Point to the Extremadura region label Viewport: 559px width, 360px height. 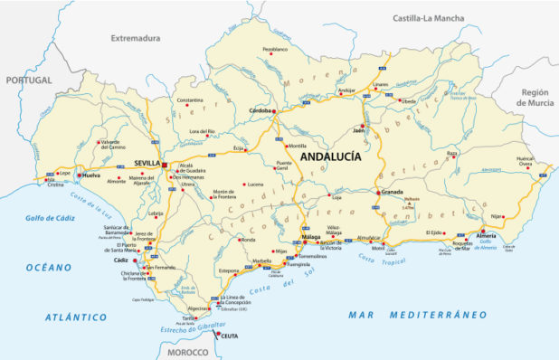(135, 38)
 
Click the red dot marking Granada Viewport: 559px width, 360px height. (378, 192)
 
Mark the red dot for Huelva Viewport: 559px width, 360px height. (79, 175)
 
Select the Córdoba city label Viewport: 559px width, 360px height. (261, 110)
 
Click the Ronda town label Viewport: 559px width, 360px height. (248, 240)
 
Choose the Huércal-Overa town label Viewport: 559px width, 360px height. (526, 162)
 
